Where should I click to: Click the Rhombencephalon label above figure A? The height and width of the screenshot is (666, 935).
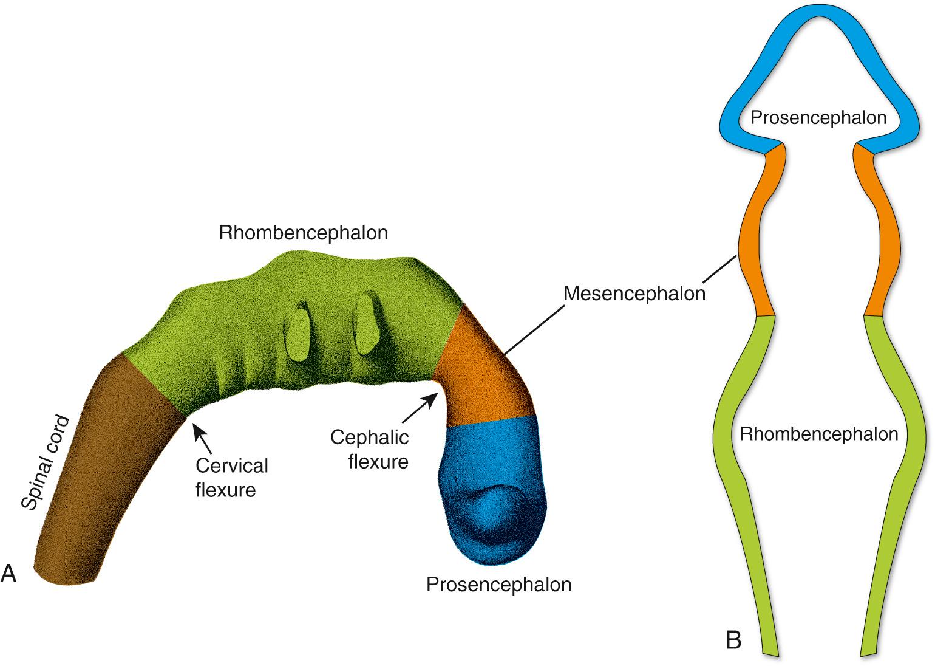(303, 233)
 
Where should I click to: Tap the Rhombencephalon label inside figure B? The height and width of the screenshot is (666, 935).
(818, 434)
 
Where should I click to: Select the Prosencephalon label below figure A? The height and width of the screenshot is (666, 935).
(498, 585)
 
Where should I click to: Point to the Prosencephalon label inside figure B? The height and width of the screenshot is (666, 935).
(818, 117)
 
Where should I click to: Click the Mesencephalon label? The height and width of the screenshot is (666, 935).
(634, 294)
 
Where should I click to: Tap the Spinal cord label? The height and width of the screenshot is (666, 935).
(45, 462)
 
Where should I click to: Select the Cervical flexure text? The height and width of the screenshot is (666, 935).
(231, 478)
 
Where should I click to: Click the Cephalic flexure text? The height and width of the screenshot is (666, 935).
(369, 449)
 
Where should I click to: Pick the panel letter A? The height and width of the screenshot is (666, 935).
(8, 573)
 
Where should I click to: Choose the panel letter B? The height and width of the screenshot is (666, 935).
(733, 640)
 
